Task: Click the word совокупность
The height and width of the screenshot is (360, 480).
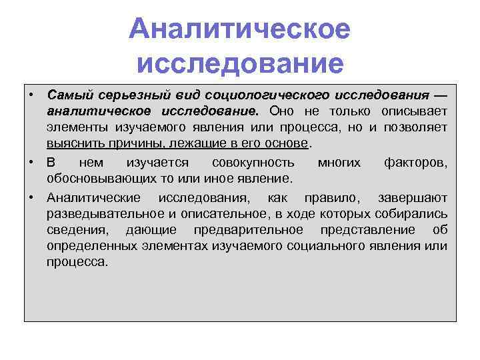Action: (253, 163)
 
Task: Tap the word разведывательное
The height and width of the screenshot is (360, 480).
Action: (101, 213)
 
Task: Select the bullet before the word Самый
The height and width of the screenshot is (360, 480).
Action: (31, 95)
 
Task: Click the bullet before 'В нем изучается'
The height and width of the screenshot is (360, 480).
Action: (31, 163)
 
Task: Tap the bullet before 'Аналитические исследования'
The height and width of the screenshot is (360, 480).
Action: (31, 198)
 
